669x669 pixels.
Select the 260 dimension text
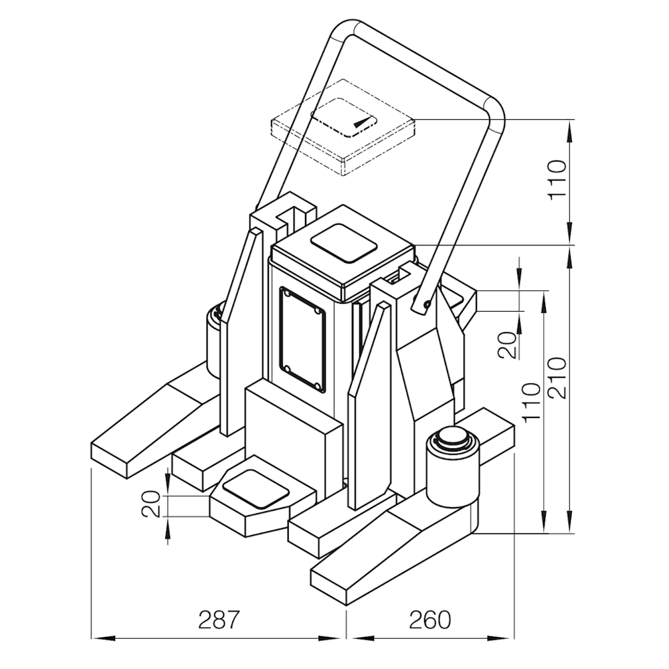coord(430,620)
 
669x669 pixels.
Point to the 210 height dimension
coord(557,377)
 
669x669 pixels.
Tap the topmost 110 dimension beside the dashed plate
coord(557,179)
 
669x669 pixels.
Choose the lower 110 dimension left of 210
coord(532,402)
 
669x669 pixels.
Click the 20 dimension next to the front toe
coord(151,504)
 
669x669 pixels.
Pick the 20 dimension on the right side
coord(508,345)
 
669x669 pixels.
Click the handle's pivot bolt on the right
coord(426,303)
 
